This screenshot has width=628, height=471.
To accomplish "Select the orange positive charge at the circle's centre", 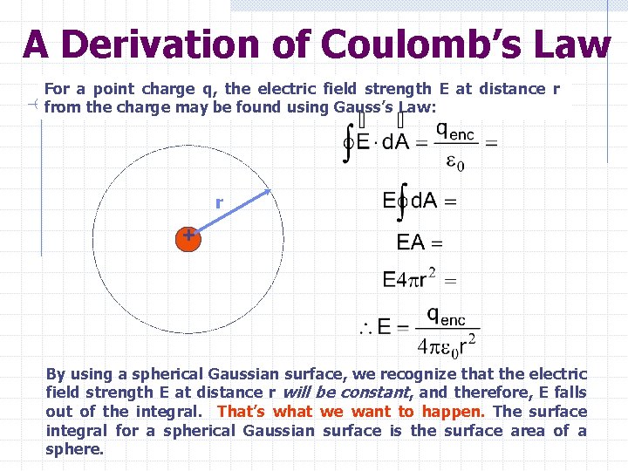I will [188, 236].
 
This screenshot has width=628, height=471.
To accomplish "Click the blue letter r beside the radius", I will [219, 203].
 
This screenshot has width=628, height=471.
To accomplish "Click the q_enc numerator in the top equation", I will [456, 131].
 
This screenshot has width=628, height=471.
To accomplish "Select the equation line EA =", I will [420, 242].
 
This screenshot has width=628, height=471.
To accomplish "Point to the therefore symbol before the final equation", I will [365, 330].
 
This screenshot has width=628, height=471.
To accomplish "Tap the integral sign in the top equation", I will [350, 144].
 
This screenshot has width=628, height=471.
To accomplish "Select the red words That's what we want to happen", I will [351, 412].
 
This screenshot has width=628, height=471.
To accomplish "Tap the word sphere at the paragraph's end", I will [73, 450].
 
